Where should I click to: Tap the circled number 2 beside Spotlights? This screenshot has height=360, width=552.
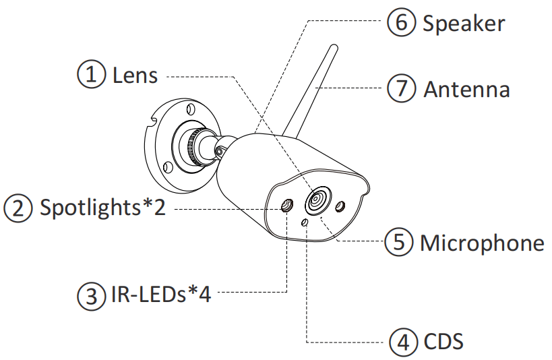pyautogui.click(x=18, y=207)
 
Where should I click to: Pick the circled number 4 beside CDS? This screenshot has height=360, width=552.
pyautogui.click(x=403, y=341)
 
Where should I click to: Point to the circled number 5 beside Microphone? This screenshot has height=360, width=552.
pyautogui.click(x=398, y=242)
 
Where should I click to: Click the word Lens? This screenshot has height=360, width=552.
pyautogui.click(x=135, y=75)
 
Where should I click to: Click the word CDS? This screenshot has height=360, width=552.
pyautogui.click(x=443, y=341)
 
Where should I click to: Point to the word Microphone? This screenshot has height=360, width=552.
pyautogui.click(x=481, y=242)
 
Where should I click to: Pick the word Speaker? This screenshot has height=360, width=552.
pyautogui.click(x=464, y=24)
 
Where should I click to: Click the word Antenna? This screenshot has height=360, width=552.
pyautogui.click(x=466, y=89)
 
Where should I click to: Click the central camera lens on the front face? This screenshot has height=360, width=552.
pyautogui.click(x=317, y=201)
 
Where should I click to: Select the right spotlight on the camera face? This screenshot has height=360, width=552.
pyautogui.click(x=341, y=206)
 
